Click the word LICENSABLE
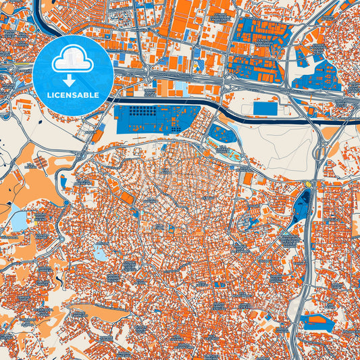(x=74, y=95)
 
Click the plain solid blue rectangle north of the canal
(x=265, y=108)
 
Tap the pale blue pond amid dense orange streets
(x=101, y=253)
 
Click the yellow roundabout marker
(x=309, y=184)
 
